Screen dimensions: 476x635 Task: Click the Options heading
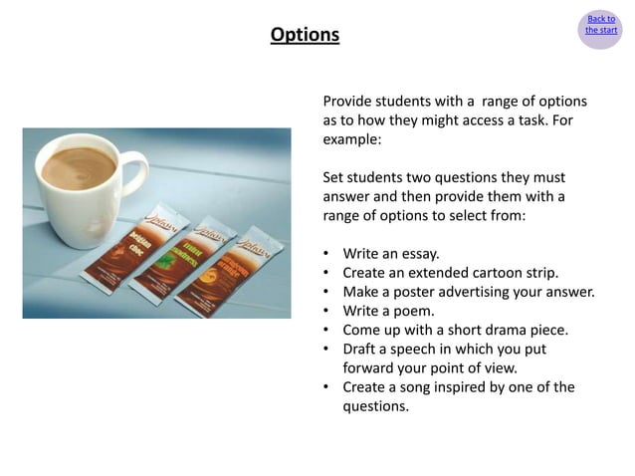(x=305, y=35)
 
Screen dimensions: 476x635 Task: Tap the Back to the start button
(x=600, y=25)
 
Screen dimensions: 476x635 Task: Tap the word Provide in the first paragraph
(x=350, y=102)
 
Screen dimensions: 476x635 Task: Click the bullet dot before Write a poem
(x=327, y=311)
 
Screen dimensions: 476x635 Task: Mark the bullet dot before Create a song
(x=327, y=387)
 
